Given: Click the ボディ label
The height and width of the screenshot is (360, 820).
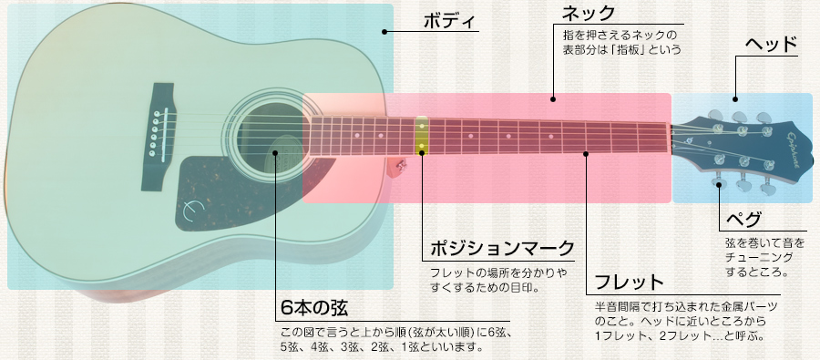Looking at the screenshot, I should [x=450, y=23].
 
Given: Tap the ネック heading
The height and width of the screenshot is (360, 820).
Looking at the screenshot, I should [x=588, y=14].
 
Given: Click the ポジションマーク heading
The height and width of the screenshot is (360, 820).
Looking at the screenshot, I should [x=501, y=248].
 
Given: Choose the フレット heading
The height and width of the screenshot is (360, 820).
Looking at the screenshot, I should [x=629, y=282].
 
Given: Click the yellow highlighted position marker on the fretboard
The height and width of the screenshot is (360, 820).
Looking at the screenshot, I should [x=422, y=136].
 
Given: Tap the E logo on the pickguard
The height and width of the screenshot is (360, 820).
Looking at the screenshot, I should [x=190, y=210].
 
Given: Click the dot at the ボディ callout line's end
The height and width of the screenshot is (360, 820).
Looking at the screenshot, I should [x=385, y=32].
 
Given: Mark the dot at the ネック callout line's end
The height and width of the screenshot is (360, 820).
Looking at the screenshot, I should [x=552, y=96].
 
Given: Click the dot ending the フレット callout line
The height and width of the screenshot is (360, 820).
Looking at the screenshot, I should [x=587, y=153].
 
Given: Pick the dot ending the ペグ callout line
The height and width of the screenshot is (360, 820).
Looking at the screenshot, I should [x=722, y=185].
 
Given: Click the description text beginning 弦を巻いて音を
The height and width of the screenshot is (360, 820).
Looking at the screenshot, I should [x=764, y=244].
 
